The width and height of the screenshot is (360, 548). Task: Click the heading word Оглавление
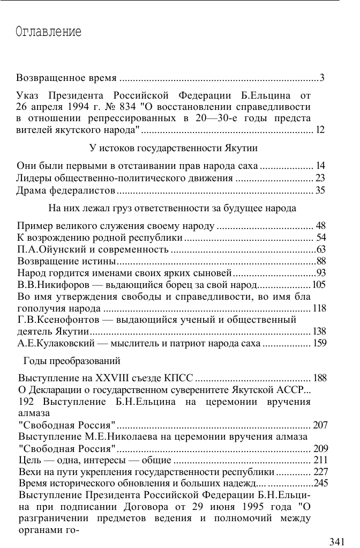(49, 32)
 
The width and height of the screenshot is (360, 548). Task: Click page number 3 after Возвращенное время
(322, 79)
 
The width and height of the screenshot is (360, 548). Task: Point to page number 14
(321, 166)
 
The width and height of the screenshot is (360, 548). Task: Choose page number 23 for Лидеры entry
(320, 178)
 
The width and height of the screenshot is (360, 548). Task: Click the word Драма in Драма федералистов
(32, 190)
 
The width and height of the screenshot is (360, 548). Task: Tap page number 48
(321, 226)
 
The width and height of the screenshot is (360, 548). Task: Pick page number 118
(319, 308)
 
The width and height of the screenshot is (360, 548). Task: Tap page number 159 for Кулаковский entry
(319, 344)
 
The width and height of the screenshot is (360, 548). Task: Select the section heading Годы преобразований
(72, 360)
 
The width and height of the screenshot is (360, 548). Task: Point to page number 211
(320, 460)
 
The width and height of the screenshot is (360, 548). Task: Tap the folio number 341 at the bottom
(337, 542)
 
